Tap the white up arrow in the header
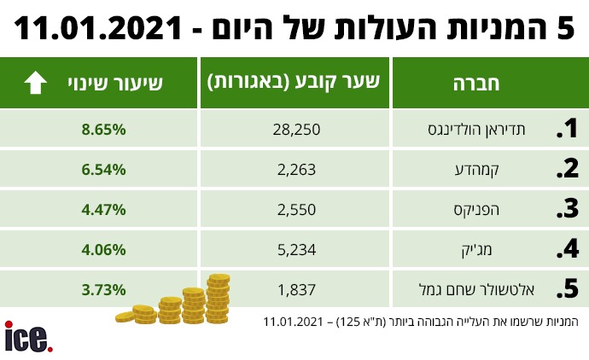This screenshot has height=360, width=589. click(36, 83)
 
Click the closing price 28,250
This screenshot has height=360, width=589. click(296, 131)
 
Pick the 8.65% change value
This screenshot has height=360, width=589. click(104, 131)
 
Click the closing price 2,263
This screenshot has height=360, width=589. click(296, 169)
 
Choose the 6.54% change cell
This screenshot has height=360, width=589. click(104, 169)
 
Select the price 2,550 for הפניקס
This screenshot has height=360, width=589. click(296, 209)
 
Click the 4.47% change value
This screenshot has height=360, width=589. click(104, 209)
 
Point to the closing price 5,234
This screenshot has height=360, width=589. click(296, 249)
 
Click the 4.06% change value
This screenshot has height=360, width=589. click(104, 249)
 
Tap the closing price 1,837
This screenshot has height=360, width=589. click(296, 289)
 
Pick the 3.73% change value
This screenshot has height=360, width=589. click(104, 289)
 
